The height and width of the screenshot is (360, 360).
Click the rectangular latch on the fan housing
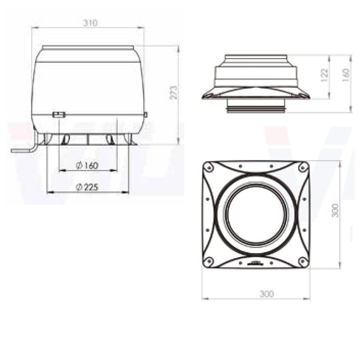point(59,114)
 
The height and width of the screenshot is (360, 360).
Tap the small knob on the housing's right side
point(146,114)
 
